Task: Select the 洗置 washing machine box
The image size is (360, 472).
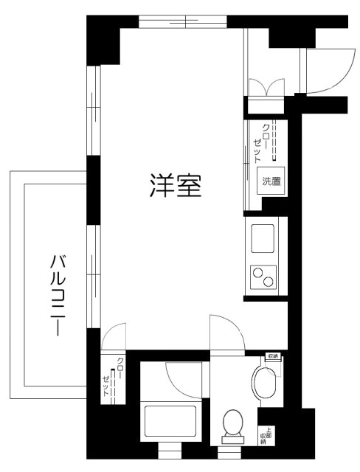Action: click(x=270, y=181)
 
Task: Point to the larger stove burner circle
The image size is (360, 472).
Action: click(x=266, y=281)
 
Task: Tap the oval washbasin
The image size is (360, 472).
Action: click(x=263, y=383)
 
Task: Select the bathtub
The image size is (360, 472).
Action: click(x=169, y=423)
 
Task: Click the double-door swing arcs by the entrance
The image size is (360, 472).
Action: click(x=263, y=86)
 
